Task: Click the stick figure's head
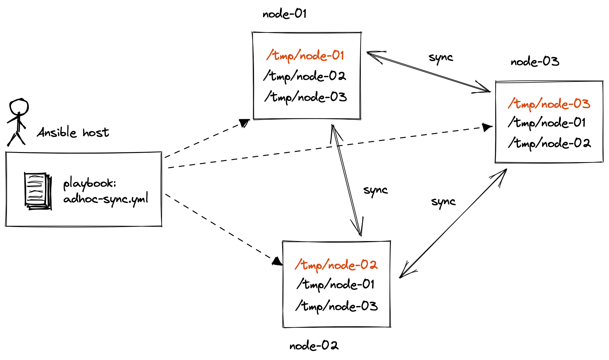tap(19, 107)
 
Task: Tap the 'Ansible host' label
tap(73, 133)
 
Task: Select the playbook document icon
tap(38, 191)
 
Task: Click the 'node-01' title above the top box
tap(284, 14)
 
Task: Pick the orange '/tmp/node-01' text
tap(305, 56)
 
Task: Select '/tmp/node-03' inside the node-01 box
tap(306, 97)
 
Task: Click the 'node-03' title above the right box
tap(535, 62)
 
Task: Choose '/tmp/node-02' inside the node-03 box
tap(549, 143)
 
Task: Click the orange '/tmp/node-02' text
tap(336, 265)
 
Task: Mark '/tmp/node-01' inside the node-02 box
tap(335, 284)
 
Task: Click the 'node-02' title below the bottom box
tap(314, 346)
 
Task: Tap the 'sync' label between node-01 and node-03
tap(441, 57)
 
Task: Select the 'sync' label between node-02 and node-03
tap(443, 202)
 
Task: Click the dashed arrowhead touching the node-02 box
tap(277, 261)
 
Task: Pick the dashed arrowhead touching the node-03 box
tap(487, 127)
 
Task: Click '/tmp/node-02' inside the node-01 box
tap(305, 76)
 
